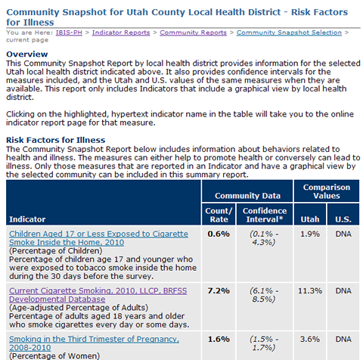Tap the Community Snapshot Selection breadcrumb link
click(x=281, y=33)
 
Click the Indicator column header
click(x=27, y=219)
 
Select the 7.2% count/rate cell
click(x=218, y=290)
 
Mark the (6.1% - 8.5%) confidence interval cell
click(x=265, y=296)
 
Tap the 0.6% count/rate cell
click(x=218, y=234)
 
